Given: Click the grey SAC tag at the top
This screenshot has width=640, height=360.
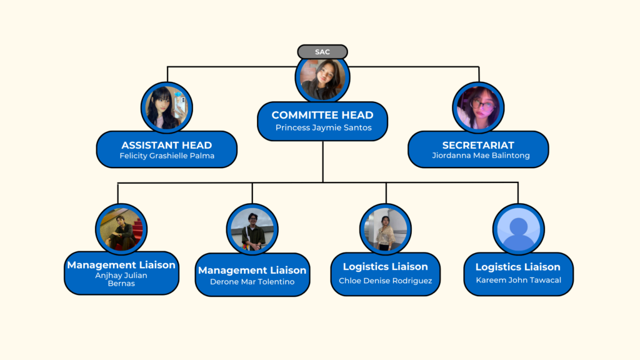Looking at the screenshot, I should (x=322, y=52).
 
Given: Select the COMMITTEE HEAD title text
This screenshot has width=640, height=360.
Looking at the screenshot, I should (x=322, y=115).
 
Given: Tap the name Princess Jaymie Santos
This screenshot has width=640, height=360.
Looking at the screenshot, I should (x=323, y=127).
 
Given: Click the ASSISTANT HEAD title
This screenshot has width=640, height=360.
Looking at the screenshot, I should (x=167, y=145).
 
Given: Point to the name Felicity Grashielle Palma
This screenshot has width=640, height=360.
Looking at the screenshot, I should (x=167, y=156).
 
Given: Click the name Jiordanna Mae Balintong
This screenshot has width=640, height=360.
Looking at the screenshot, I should (x=478, y=156).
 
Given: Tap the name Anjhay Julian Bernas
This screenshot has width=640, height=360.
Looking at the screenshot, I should (x=121, y=279).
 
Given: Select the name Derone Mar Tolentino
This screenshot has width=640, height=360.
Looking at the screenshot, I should (x=252, y=282).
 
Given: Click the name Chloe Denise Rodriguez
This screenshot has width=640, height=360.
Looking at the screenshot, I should (x=386, y=281).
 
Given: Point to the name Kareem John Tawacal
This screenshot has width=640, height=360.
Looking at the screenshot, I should (x=518, y=280).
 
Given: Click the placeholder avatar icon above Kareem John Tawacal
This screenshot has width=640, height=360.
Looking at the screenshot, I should (x=518, y=229).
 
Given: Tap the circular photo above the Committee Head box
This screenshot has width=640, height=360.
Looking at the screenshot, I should (x=322, y=79).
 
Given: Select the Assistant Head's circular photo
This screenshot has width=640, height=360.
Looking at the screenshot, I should (x=167, y=107).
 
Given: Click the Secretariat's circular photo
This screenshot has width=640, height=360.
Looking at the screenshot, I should (x=478, y=107).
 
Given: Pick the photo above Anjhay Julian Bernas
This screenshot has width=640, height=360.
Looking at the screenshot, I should (x=121, y=229).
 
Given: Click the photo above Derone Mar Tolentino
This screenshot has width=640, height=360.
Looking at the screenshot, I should (x=252, y=229).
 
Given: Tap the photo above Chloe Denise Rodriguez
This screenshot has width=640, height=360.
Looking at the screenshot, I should (x=386, y=229).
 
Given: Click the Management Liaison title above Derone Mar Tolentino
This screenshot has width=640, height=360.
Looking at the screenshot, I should (x=252, y=271).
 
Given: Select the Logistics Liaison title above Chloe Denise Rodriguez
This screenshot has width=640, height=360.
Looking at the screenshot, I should (x=386, y=267).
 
